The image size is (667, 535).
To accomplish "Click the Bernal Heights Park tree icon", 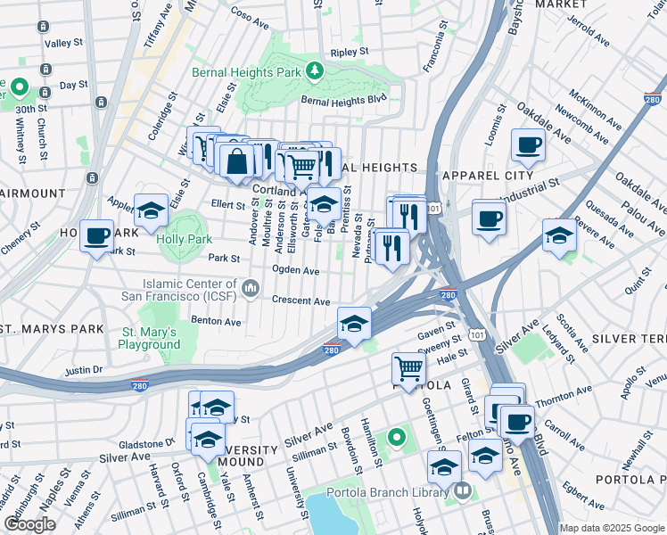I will pyautogui.click(x=313, y=70).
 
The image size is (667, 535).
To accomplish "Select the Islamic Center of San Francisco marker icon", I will pyautogui.click(x=251, y=287).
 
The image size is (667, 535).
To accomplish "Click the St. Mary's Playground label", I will pyautogui.click(x=149, y=338).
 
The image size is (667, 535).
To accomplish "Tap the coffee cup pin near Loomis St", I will pyautogui.click(x=528, y=144).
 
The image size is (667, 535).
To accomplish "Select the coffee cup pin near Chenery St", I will pyautogui.click(x=96, y=235).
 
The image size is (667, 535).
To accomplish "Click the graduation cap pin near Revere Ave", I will pyautogui.click(x=559, y=235).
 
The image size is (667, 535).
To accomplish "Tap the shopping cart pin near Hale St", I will pyautogui.click(x=408, y=367).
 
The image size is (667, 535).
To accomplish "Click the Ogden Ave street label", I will pyautogui.click(x=296, y=270).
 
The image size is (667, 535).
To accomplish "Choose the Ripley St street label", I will pyautogui.click(x=349, y=53).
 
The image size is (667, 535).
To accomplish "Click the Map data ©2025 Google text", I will pyautogui.click(x=612, y=528).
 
